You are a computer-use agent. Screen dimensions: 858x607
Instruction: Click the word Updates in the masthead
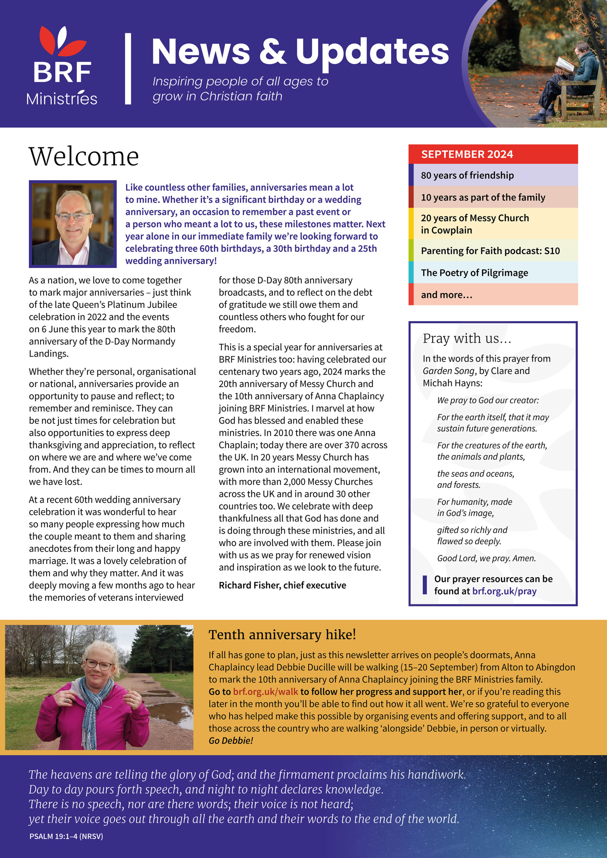tap(372, 52)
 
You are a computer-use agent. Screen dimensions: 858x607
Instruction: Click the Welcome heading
tap(84, 157)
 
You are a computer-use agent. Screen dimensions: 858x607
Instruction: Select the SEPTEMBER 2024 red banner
tap(493, 154)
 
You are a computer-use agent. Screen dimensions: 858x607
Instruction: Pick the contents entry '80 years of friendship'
tap(467, 175)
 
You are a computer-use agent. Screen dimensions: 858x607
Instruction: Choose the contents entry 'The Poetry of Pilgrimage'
tap(474, 273)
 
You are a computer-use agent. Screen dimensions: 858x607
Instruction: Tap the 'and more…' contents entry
tap(447, 295)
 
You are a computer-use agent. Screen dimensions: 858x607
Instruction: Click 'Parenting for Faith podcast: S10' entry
tap(490, 251)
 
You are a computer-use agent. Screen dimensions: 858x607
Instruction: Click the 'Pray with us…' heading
tap(467, 339)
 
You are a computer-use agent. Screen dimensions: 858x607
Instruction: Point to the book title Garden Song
tap(448, 371)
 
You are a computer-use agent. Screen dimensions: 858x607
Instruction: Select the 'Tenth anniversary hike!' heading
tap(282, 634)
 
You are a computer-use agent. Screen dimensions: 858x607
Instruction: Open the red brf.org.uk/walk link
tap(265, 691)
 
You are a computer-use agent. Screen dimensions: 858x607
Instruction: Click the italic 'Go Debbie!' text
tap(231, 740)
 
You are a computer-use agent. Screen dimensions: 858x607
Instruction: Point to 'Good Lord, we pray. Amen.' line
tap(486, 558)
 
